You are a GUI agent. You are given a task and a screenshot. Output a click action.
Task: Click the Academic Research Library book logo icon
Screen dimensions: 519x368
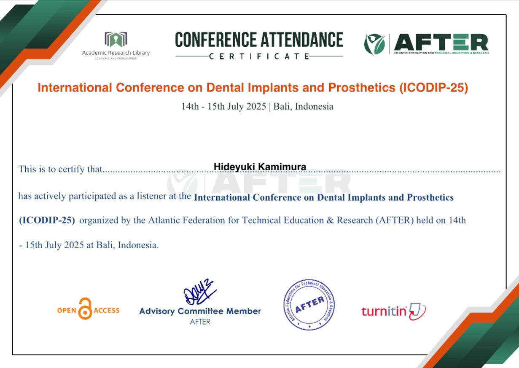coord(116,39)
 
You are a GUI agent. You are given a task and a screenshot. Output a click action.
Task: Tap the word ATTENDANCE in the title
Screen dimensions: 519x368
coord(302,40)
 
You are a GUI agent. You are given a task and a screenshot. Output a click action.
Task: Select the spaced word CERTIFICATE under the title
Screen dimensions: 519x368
coord(259,56)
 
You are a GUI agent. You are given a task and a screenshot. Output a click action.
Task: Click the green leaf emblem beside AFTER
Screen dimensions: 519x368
coord(374,44)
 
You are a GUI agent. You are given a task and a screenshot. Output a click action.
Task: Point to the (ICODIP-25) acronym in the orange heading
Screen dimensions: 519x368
coord(434,88)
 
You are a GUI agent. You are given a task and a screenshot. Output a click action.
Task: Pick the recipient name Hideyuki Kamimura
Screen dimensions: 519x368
coord(260,167)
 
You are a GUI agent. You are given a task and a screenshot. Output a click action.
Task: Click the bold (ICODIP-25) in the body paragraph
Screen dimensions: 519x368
coord(47,220)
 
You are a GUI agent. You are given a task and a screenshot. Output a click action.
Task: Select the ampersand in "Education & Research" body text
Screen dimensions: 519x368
coord(330,220)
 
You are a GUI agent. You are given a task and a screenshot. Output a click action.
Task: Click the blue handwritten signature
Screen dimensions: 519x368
coord(200,292)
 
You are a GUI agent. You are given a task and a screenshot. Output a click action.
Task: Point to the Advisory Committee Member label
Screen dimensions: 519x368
coord(200,311)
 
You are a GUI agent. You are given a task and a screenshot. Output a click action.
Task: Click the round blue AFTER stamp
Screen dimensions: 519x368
coord(309,305)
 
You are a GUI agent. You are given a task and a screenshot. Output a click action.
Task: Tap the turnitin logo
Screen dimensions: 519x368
coord(394,311)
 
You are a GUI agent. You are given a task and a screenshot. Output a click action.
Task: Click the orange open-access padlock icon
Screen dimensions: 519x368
coord(85,309)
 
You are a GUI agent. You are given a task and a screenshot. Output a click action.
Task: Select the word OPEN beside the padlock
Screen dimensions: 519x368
coord(67,310)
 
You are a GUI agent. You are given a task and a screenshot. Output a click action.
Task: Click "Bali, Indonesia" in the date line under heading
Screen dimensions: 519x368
coord(303,107)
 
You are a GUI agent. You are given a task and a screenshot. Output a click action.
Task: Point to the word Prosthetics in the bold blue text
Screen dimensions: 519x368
coord(430,197)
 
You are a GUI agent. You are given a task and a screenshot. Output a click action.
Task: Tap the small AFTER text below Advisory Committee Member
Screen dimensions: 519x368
coord(200,322)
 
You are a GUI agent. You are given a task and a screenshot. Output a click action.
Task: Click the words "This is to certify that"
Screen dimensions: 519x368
coord(60,169)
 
